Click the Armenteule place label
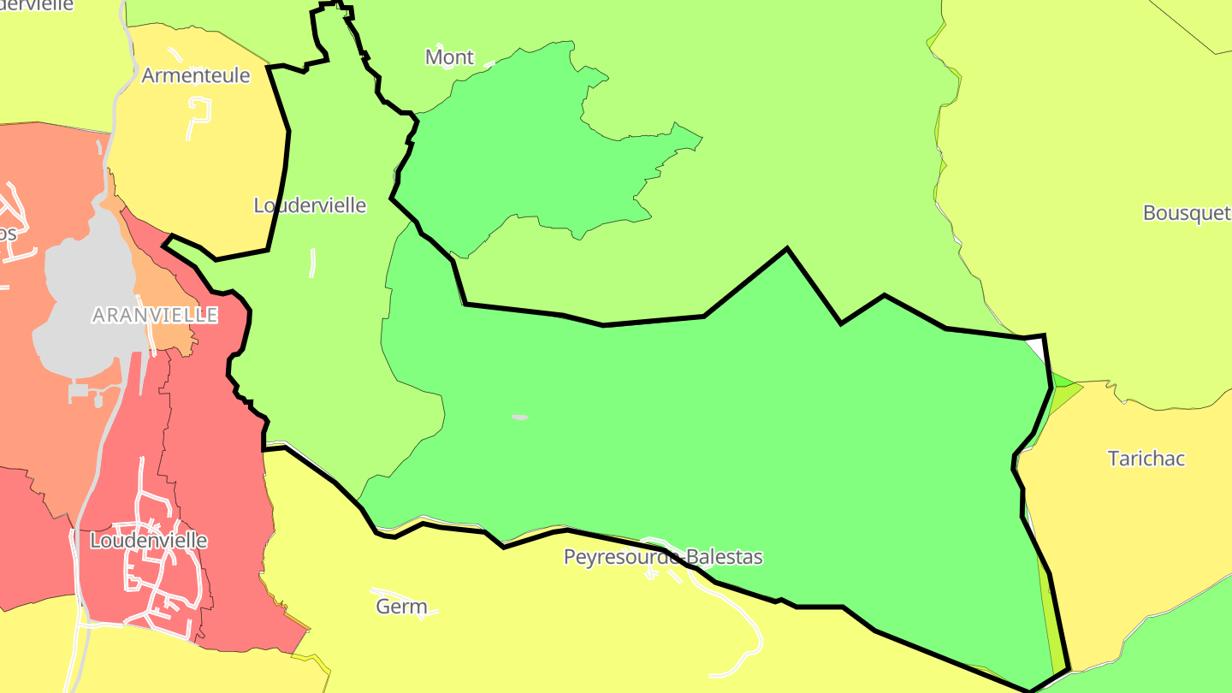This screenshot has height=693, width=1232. point(196,75)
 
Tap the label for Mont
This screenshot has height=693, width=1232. point(449,57)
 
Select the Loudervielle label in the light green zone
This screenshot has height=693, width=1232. point(310,205)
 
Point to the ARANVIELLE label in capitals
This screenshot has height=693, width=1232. point(155,315)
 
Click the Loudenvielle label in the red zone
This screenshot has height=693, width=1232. point(148,541)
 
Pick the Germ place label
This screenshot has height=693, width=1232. point(401,607)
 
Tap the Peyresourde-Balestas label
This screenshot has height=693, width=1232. point(663,557)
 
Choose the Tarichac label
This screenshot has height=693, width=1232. point(1146,459)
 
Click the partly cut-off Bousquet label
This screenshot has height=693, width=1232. point(1187,213)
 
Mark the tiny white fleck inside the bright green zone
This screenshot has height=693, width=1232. point(519,418)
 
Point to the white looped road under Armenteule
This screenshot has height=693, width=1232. point(199,115)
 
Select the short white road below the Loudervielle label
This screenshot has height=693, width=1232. point(312,263)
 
